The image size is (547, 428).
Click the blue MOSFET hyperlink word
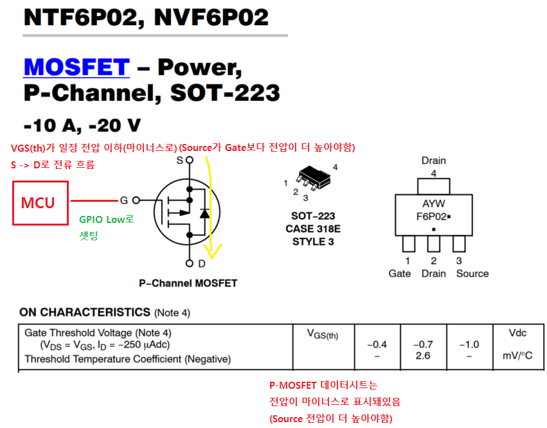tap(76, 67)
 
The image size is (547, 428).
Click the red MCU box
tap(40, 203)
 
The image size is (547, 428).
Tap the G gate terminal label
tap(125, 200)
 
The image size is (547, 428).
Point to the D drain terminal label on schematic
tap(202, 263)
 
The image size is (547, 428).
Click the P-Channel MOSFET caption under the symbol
tap(188, 283)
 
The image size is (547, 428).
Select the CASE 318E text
tap(314, 229)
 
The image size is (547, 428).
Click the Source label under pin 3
tap(472, 274)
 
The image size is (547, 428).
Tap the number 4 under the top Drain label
tap(433, 173)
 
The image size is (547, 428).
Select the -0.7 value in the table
tap(423, 344)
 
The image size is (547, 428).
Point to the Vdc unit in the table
tap(517, 333)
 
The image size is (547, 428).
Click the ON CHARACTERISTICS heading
tap(85, 312)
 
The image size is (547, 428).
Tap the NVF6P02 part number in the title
tap(211, 17)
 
